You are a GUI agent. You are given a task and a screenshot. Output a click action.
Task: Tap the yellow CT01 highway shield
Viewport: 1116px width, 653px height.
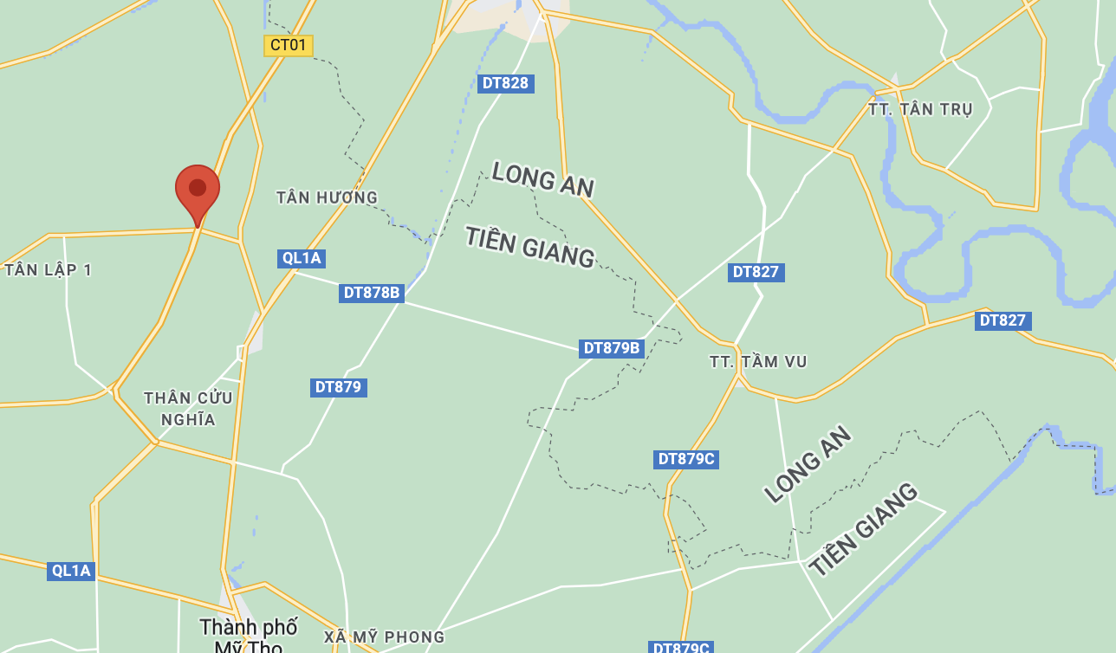coord(289,45)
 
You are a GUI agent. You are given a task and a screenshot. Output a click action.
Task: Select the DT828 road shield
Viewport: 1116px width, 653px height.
coord(505,83)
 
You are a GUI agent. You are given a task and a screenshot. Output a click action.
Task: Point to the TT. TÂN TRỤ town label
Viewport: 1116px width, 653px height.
coord(920,109)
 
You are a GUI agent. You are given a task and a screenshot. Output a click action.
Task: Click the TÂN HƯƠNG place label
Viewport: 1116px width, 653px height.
coord(327,197)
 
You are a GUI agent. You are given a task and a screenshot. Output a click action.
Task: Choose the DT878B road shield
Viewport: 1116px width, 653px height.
coord(372,293)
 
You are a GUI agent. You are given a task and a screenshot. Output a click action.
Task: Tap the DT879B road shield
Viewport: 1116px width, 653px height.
coord(612,348)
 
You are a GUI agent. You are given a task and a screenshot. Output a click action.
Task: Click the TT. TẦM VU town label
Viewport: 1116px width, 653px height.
coord(758,362)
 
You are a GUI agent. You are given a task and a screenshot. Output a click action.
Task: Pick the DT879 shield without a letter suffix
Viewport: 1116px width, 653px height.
coord(338,387)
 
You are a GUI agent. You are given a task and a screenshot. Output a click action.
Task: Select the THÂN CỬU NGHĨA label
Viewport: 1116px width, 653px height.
coord(188,409)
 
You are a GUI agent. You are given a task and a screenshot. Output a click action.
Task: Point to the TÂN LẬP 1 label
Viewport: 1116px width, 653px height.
coord(49,270)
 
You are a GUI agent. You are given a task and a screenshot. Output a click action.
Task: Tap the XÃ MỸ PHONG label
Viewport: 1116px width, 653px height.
coord(385,637)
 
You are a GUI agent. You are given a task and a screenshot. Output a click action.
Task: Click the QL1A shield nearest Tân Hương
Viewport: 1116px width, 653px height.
coord(302,257)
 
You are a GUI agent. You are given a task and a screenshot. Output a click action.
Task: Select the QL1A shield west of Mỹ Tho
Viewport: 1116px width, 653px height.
coord(71,571)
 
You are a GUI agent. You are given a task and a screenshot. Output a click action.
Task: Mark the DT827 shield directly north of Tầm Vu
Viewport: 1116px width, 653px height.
coord(756,272)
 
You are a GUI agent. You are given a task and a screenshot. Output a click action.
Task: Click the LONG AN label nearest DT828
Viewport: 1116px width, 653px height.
coord(542,179)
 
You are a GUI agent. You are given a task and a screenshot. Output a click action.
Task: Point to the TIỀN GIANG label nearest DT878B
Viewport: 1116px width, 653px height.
coord(529,246)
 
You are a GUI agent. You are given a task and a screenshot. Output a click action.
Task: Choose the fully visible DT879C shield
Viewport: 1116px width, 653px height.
coord(686,459)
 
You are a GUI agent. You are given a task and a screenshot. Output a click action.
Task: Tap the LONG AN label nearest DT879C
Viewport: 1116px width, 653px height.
coord(808,464)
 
